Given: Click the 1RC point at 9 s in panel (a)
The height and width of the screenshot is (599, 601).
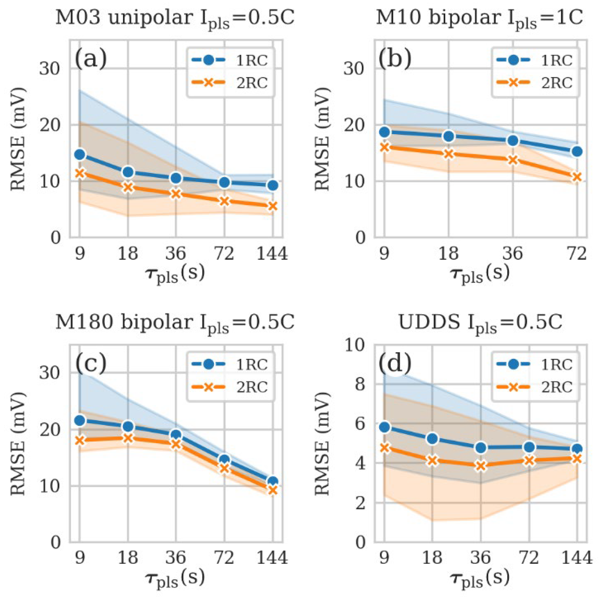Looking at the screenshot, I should coord(80,154).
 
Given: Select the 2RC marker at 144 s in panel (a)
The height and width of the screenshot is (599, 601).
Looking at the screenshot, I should coord(273,206).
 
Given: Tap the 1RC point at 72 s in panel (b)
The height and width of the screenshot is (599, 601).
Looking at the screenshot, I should coord(577,151).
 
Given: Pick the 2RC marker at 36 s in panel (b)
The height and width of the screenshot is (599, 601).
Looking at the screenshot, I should coord(513,161).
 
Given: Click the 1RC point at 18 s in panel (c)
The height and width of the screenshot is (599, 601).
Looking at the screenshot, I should coord(128,427).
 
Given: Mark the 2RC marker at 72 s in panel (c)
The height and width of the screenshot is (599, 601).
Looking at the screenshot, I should coord(224,468).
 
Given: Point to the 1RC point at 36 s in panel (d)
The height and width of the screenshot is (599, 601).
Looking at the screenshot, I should coord(481,448).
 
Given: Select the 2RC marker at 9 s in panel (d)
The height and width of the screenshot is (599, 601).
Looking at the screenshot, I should coord(385,448).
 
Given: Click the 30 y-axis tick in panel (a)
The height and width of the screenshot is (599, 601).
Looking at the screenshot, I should coord(50,69).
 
